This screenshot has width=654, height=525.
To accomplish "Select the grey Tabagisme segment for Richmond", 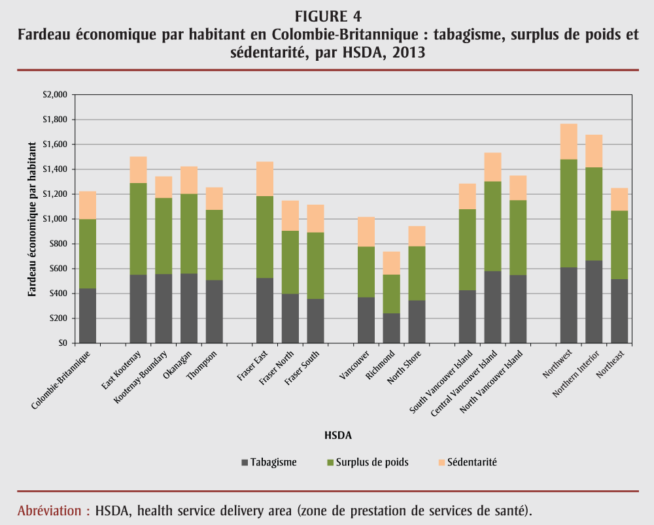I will pos(391,328).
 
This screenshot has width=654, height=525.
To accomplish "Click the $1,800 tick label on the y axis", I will pos(55,120).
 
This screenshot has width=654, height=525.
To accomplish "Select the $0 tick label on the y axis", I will pos(62,343).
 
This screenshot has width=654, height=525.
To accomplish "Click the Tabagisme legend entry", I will pos(269,462).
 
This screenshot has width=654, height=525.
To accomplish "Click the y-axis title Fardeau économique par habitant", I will pos(33,218).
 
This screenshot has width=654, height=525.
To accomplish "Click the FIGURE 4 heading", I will pos(328,16).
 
